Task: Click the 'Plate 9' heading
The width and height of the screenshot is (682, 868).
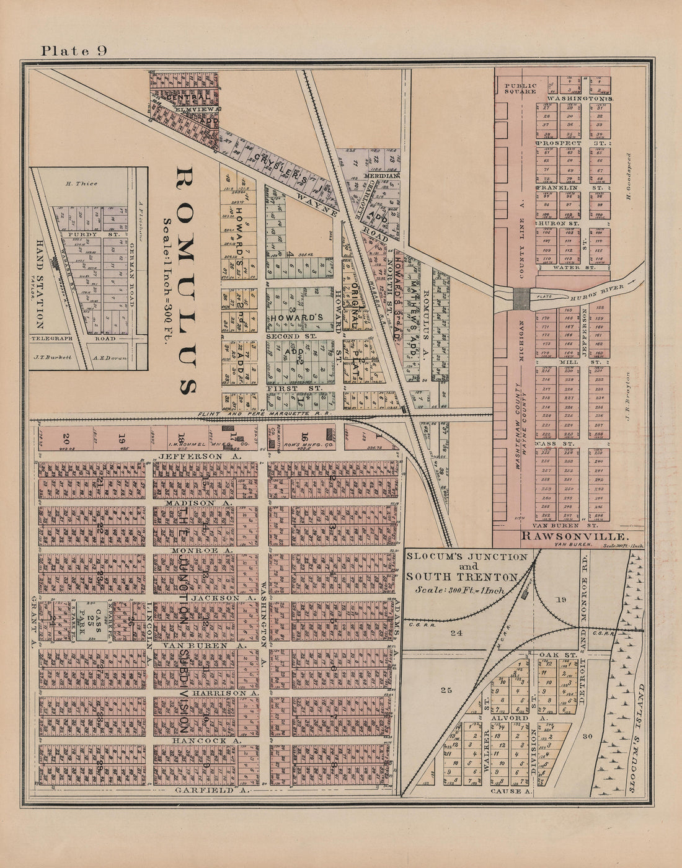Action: tap(74, 51)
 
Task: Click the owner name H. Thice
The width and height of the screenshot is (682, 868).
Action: tap(81, 184)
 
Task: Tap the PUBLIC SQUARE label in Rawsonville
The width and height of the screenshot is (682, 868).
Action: tap(520, 87)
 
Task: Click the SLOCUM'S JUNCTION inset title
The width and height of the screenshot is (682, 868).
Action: tap(467, 557)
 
